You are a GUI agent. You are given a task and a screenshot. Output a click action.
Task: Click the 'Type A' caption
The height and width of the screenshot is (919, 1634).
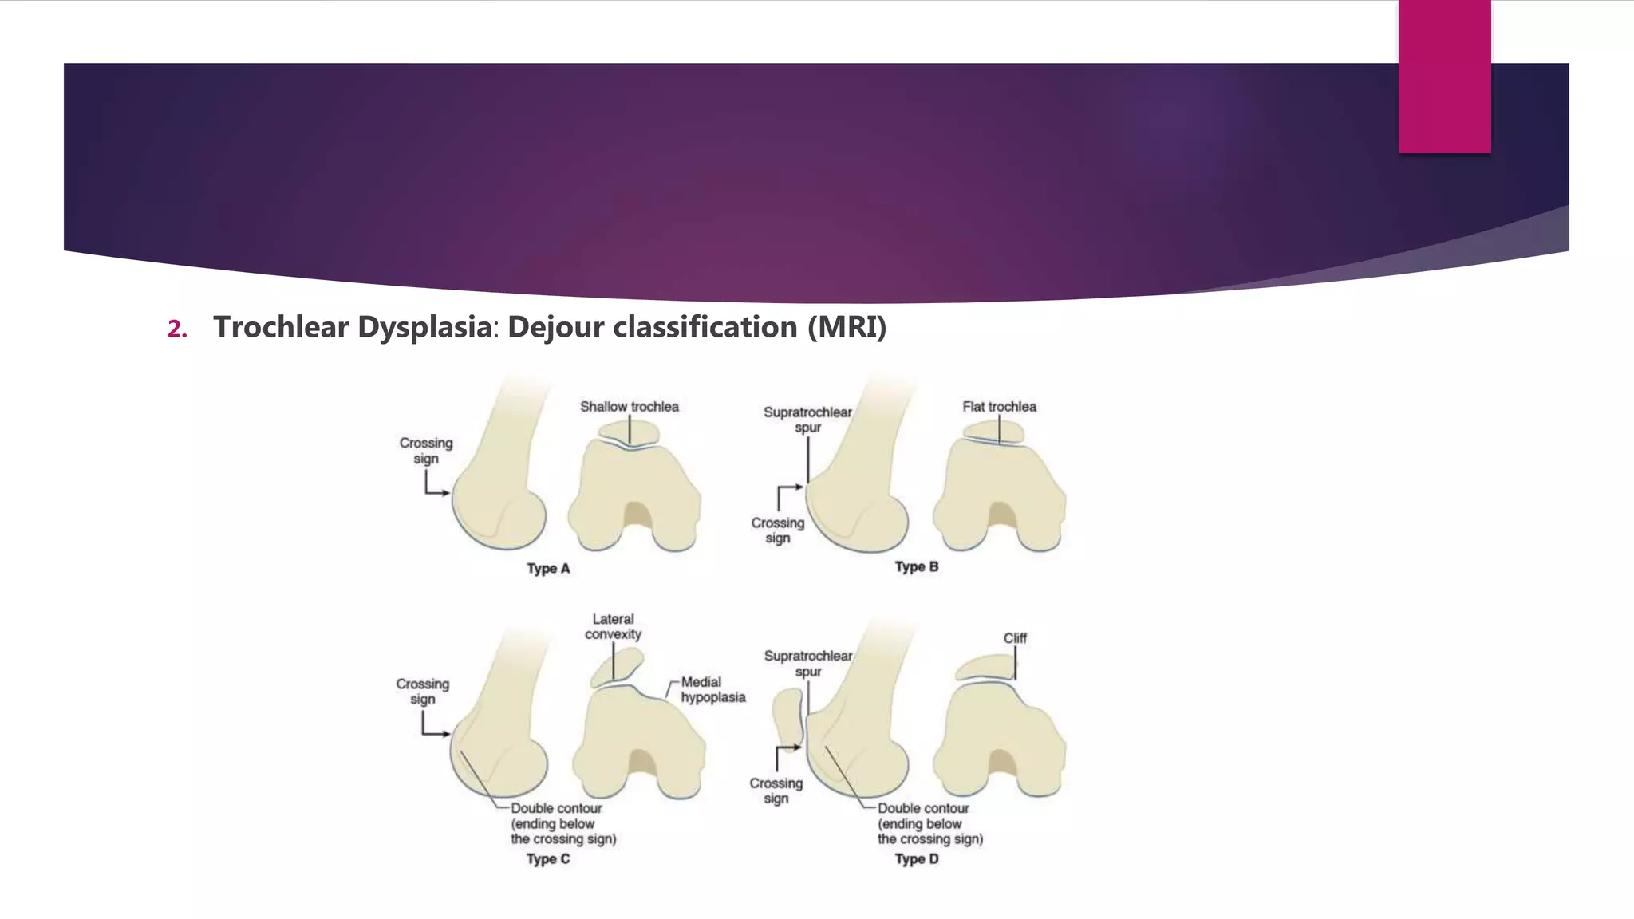click(548, 569)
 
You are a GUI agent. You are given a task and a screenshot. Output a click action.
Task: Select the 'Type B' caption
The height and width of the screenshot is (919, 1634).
click(916, 567)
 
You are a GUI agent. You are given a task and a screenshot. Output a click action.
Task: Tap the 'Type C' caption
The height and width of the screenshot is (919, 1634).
click(548, 859)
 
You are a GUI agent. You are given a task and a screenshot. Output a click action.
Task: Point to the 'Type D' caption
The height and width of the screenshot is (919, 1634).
click(916, 859)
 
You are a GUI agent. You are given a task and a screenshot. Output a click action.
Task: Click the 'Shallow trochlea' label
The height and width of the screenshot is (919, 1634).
click(629, 407)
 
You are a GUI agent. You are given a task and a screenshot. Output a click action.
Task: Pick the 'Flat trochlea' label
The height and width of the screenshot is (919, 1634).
click(999, 407)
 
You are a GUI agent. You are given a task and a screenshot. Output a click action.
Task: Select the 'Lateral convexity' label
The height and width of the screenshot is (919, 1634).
click(613, 627)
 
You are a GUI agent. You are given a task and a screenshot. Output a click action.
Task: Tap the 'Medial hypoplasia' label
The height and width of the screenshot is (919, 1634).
click(712, 689)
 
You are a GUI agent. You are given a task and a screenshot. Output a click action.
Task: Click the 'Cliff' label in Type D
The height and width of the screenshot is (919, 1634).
click(1015, 638)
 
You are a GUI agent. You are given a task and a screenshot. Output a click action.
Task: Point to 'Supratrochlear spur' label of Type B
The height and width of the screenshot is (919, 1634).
click(807, 420)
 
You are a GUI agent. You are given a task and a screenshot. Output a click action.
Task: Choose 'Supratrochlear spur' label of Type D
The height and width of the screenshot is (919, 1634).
click(807, 664)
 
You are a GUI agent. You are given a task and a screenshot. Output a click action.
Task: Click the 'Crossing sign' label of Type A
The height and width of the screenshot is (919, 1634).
click(426, 451)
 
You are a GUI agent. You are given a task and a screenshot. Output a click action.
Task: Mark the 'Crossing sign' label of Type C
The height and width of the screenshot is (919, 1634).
click(423, 692)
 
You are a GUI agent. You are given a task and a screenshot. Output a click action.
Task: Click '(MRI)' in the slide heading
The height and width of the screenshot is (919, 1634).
click(847, 327)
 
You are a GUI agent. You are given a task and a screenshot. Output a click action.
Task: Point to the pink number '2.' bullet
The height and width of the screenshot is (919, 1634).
click(177, 329)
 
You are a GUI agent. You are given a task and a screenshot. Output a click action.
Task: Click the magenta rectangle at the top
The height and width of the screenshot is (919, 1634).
click(1444, 77)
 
